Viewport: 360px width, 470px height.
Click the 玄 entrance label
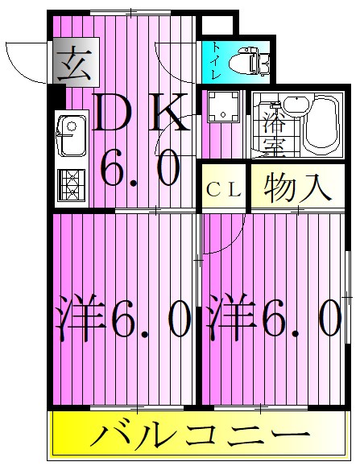pos(72,62)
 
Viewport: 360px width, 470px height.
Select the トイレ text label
pos(216,61)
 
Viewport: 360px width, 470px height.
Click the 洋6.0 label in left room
pos(123,320)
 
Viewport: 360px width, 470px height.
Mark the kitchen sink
pos(72,133)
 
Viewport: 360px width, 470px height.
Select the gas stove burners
pos(72,185)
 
